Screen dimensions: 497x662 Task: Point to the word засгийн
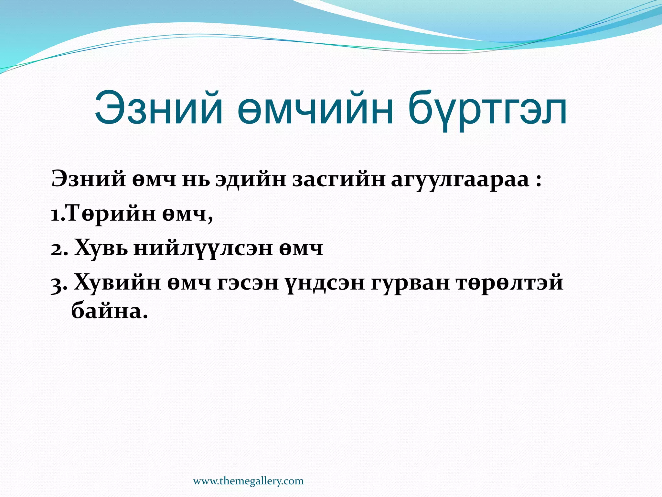pyautogui.click(x=339, y=180)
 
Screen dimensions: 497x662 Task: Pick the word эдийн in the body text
pyautogui.click(x=251, y=179)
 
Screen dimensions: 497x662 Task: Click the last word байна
pyautogui.click(x=107, y=312)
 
